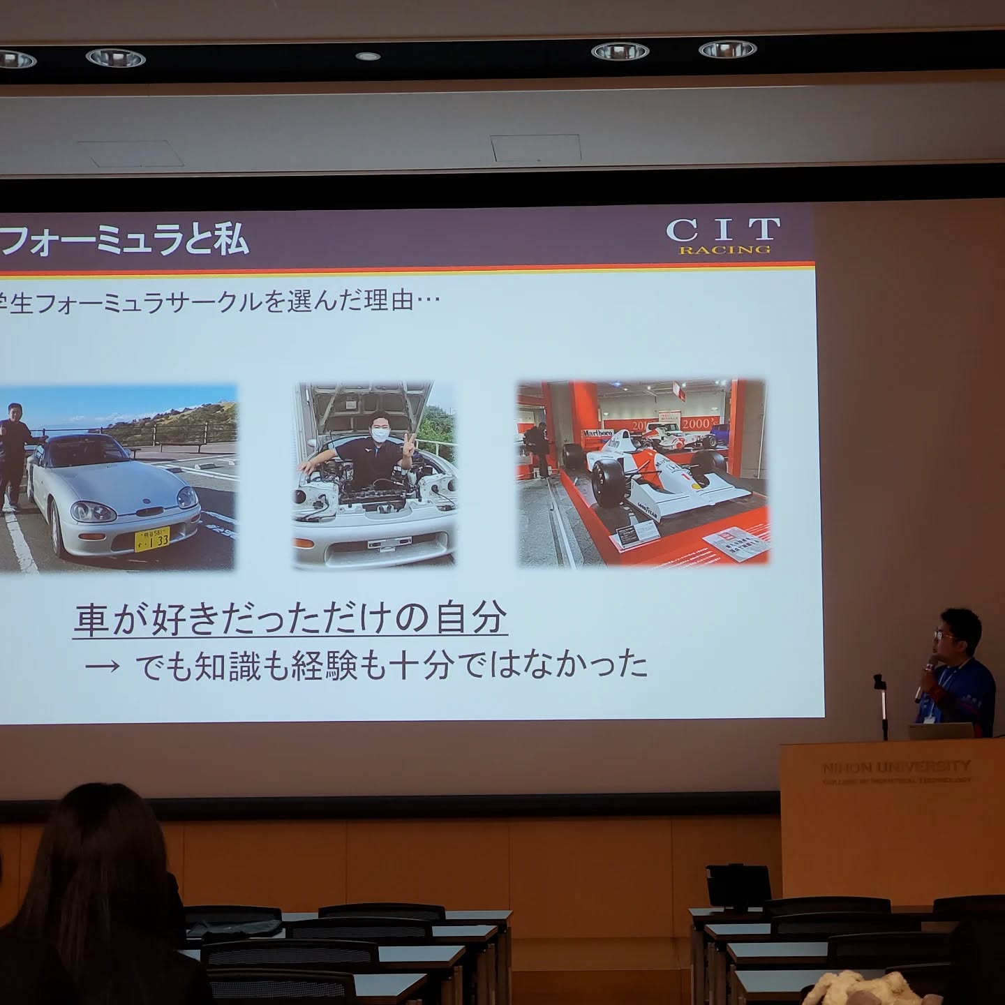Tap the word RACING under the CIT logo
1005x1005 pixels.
[725, 250]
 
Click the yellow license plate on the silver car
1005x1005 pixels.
[151, 539]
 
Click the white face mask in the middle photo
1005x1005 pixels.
[379, 434]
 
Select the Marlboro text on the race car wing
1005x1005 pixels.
[597, 434]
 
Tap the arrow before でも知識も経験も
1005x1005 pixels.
[102, 666]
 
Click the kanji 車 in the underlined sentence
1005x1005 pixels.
[91, 619]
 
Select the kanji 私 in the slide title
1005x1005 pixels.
[230, 239]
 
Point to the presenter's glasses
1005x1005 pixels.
[946, 634]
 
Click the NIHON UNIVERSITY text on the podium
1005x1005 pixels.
[896, 766]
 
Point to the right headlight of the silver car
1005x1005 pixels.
[187, 497]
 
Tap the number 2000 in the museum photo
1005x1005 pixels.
[697, 424]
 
